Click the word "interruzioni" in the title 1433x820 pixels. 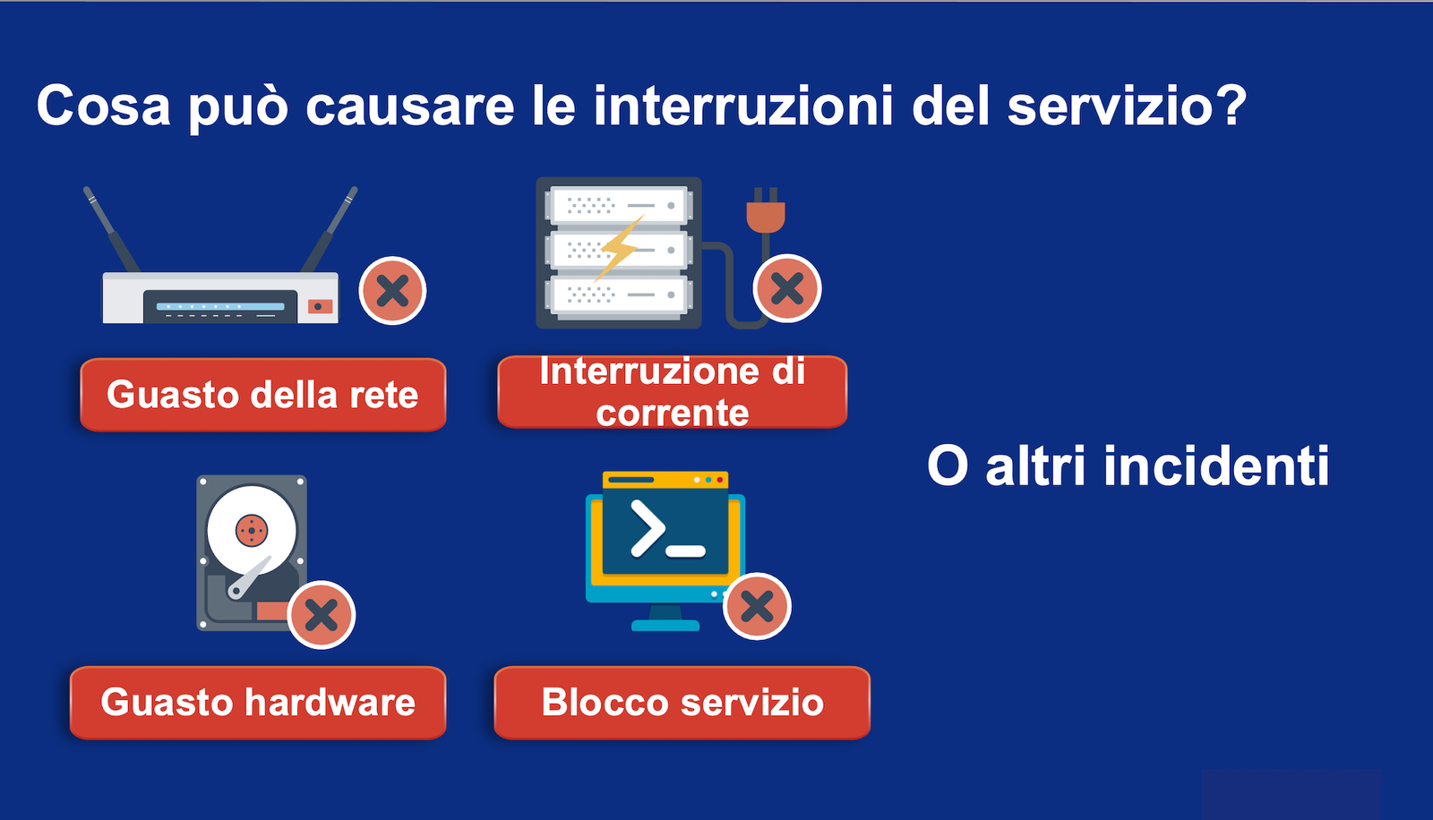point(742,105)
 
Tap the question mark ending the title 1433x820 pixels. point(1228,104)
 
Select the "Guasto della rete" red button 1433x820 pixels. point(263,395)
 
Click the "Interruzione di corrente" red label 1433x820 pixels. point(673,391)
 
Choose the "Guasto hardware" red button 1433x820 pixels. point(258,703)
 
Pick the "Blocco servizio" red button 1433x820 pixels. point(682,703)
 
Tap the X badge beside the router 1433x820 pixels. point(393,291)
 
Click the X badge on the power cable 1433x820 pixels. point(787,288)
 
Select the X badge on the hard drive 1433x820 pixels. point(322,615)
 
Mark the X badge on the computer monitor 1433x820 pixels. point(758,606)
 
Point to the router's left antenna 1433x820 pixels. point(111,229)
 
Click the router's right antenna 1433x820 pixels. point(330,229)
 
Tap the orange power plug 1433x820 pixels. point(766,211)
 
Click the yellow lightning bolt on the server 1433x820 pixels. point(619,248)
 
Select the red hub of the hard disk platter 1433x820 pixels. point(252,530)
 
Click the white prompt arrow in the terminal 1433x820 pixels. point(648,527)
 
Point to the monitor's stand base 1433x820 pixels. point(665,625)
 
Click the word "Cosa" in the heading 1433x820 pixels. point(104,106)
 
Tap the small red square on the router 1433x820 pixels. point(320,306)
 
